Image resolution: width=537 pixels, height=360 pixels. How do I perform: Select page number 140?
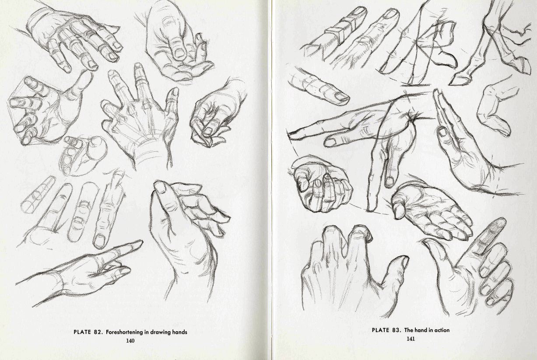[x=130, y=341]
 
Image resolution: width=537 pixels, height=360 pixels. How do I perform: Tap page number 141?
[x=411, y=339]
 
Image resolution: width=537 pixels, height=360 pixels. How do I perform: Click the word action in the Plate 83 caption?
[x=441, y=330]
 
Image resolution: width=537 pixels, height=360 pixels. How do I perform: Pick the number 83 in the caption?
[x=397, y=330]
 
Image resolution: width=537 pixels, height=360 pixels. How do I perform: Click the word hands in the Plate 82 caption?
[x=179, y=332]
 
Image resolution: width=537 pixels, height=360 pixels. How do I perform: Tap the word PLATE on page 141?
[x=380, y=330]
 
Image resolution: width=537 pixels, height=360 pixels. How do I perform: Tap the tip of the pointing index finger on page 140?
[x=142, y=242]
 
